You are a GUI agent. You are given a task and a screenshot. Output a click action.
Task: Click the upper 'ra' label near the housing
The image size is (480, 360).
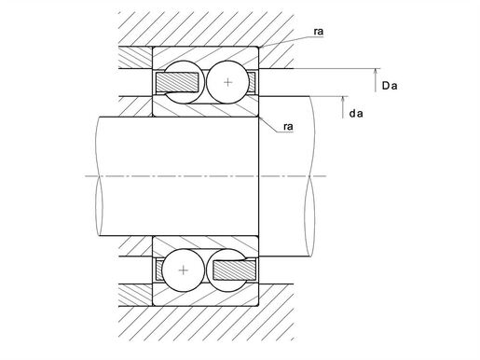click(x=319, y=32)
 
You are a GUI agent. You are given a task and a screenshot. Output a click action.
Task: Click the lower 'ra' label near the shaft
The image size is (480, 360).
click(x=288, y=127)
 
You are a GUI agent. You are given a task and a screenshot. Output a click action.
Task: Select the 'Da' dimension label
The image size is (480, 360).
click(x=390, y=86)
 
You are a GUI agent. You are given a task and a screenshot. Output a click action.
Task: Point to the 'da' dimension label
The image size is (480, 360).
click(x=356, y=114)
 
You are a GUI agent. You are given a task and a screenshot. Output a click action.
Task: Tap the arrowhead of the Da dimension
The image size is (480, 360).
click(x=376, y=72)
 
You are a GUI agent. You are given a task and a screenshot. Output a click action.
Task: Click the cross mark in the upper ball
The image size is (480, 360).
click(x=228, y=82)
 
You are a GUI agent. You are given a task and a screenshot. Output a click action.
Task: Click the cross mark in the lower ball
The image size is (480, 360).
click(x=184, y=270)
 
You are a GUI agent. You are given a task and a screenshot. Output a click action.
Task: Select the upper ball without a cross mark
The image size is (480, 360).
click(x=184, y=82)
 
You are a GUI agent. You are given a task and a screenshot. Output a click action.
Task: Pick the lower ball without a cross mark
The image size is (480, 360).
click(x=228, y=270)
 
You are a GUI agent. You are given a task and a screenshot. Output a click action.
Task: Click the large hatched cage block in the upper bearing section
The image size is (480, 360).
click(x=177, y=82)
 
